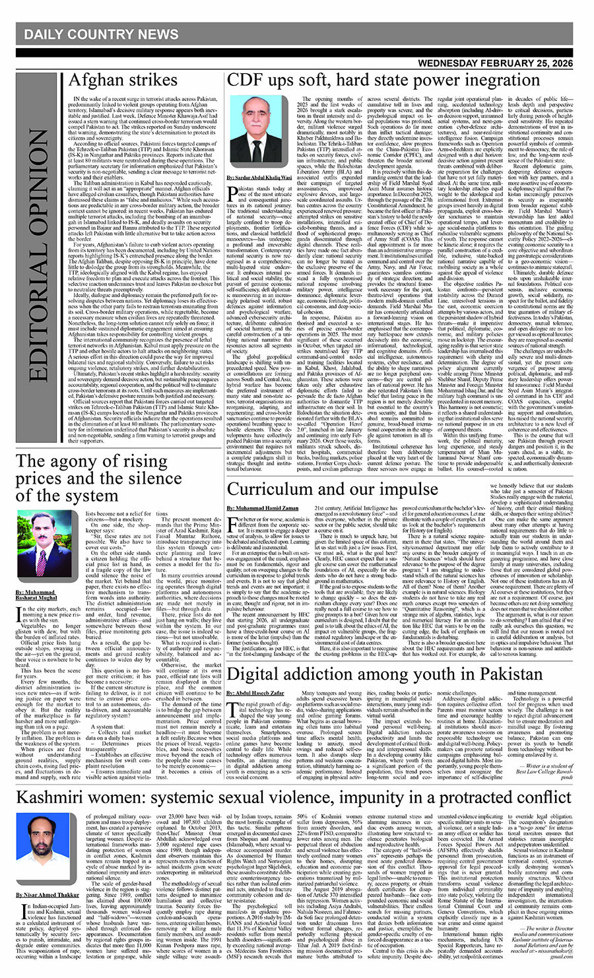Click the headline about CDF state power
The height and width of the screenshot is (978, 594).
(374, 81)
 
